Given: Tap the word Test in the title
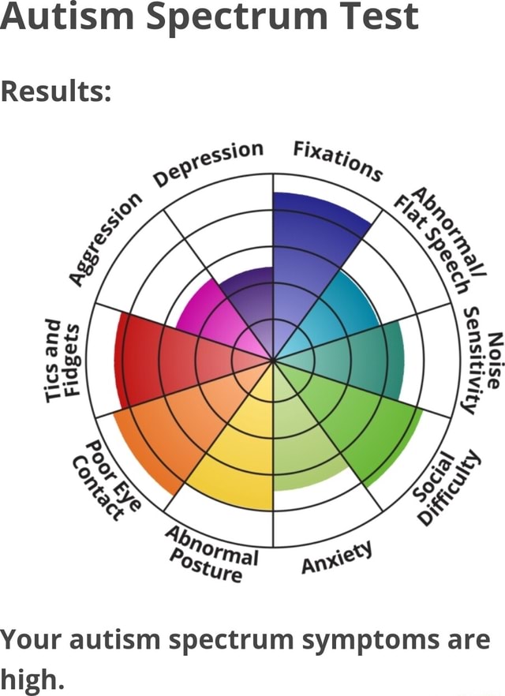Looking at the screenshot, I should coord(370,17).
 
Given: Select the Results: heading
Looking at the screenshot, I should coord(55,92).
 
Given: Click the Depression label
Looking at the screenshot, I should coord(209,164).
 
